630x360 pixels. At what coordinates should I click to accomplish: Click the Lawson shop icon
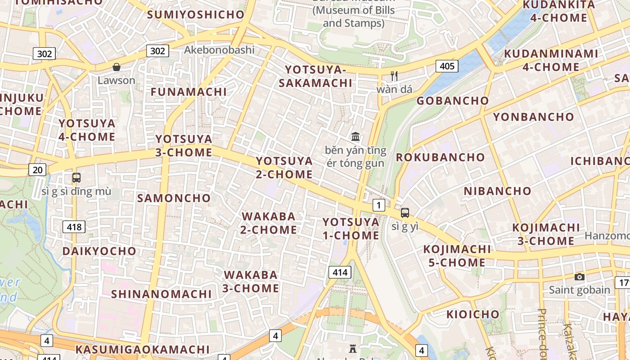point(117,67)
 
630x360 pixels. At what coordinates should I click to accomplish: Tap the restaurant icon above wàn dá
point(395,76)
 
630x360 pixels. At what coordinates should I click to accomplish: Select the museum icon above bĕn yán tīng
point(355,136)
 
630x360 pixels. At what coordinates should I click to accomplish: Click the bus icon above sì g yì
point(405,213)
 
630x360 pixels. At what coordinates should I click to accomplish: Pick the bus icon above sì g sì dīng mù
point(76,178)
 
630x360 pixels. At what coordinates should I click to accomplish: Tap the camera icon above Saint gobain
point(580,277)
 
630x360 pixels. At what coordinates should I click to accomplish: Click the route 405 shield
point(447,67)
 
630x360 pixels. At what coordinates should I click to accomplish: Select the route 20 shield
point(37,170)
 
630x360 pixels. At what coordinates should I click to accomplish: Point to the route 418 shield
point(74,227)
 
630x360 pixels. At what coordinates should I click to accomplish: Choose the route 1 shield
point(379,206)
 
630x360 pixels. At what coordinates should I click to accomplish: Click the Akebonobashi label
point(219,50)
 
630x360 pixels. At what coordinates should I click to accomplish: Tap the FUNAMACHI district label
point(189,92)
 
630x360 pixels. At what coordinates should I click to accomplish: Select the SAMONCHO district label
point(174,198)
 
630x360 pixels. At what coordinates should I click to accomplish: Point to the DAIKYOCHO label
point(99,251)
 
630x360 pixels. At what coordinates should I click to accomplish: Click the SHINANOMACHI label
point(161,294)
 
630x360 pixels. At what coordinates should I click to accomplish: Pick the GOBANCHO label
point(452,101)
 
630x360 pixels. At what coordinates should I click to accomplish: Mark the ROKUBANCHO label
point(440,157)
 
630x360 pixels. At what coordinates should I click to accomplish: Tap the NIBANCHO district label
point(498,191)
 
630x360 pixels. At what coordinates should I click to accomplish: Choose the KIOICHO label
point(472,314)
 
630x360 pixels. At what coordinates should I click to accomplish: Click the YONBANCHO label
point(534,117)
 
